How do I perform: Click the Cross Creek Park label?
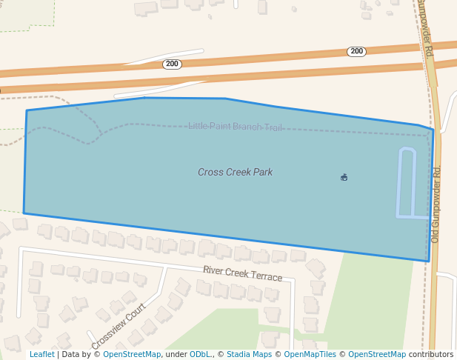(x=235, y=173)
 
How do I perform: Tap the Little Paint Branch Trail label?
(x=235, y=127)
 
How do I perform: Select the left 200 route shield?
(x=172, y=64)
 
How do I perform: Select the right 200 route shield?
(x=356, y=52)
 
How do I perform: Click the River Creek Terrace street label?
(x=242, y=273)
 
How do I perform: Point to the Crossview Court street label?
(x=118, y=327)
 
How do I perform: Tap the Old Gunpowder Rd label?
(x=436, y=204)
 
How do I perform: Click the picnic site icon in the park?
(x=344, y=177)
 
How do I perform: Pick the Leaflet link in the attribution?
(x=41, y=355)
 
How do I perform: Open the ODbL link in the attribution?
(x=200, y=355)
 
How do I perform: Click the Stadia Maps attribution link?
(x=249, y=355)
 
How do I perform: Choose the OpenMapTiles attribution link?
(x=307, y=355)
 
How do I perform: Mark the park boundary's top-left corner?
(x=27, y=111)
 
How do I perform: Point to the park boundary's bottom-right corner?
(x=429, y=261)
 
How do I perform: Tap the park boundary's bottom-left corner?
(x=24, y=213)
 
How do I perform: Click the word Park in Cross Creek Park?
(x=263, y=173)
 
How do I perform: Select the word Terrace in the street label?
(x=267, y=276)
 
